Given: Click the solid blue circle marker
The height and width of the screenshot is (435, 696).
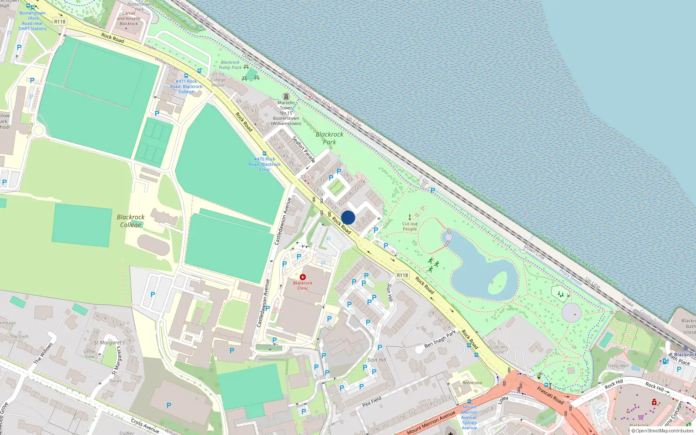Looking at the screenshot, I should (x=348, y=217).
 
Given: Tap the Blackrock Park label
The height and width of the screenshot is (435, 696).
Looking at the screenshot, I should (x=329, y=138).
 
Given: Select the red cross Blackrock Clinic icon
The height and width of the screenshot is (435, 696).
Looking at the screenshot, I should (x=303, y=277).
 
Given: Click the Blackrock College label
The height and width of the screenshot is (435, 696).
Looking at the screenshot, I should (x=130, y=221).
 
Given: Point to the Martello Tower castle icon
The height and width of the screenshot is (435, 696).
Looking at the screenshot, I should (x=286, y=96).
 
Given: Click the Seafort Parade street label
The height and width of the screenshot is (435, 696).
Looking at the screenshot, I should (x=304, y=149).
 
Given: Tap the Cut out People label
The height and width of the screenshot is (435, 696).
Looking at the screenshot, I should (x=409, y=226).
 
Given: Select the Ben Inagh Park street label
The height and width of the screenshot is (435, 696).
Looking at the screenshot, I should (x=440, y=338).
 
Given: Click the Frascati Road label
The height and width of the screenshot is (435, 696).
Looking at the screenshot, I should (x=550, y=395).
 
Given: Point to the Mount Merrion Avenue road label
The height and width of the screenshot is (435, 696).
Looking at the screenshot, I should (x=431, y=422).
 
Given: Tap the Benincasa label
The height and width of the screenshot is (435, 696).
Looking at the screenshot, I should (x=472, y=383).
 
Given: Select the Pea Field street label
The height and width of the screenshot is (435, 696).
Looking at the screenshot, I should (x=371, y=402).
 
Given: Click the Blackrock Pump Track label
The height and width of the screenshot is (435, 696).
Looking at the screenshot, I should (x=230, y=65).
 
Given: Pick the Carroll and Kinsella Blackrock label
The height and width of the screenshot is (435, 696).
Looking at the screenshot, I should (x=129, y=18).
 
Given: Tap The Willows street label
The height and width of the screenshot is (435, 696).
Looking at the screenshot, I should (x=43, y=353).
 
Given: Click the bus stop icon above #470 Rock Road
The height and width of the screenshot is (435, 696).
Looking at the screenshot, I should (x=264, y=154).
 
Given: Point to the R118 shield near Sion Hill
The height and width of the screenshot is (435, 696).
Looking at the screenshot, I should (x=402, y=275).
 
